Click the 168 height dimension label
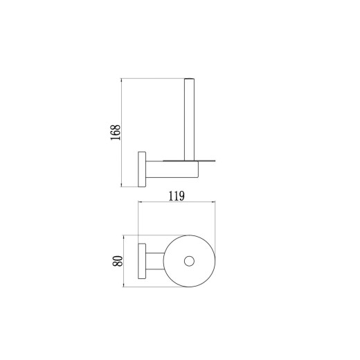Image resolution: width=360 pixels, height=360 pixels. point(116,132)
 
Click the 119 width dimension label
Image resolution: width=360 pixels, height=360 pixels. point(177,196)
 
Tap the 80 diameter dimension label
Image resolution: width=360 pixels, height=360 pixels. point(118,261)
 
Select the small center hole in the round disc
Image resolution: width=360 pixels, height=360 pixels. point(189,261)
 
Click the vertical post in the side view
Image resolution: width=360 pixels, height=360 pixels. point(189,119)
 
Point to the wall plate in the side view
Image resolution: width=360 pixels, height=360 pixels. point(142,169)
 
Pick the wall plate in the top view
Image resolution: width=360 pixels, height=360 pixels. point(142,261)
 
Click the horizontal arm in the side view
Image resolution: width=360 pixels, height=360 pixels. point(172,170)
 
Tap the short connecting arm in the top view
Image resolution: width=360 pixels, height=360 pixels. point(155,261)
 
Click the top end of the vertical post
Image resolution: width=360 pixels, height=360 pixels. point(189,79)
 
